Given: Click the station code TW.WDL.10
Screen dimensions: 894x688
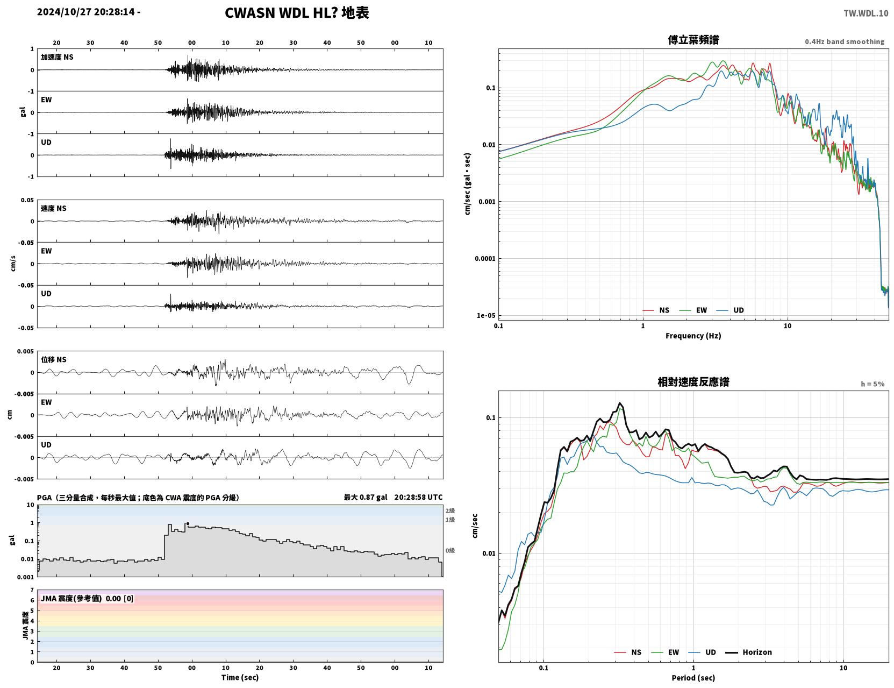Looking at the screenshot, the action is coord(866,13).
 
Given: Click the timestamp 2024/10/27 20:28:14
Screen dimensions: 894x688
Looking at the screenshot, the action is coord(86,12).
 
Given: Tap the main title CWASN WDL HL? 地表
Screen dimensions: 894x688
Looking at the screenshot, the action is coord(297,13).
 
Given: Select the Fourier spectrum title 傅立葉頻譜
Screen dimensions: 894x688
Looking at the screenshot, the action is coord(693,40).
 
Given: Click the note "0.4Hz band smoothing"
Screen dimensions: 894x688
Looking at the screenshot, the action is coord(844,41).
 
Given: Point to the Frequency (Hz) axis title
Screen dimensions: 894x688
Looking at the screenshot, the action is coord(693,336).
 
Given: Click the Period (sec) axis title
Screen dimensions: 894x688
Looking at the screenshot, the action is coord(693,678).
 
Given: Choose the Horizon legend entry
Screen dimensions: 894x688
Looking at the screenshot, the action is coord(749,652).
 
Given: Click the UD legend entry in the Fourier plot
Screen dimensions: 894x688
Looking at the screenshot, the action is coord(730,310).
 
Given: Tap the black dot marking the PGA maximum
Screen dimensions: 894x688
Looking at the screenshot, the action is coord(188,524).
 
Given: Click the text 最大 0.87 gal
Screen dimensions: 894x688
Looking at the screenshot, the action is coord(366,497).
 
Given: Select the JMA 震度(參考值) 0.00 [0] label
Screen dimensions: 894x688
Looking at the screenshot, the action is coord(87,598).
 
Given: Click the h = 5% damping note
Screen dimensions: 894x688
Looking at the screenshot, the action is coord(872,384).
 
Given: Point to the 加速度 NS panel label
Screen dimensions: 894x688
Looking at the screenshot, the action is coord(57,57).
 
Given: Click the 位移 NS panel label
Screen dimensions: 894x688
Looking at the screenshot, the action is coord(53,360).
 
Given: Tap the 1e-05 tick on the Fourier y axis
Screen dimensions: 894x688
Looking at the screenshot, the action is coord(486,316).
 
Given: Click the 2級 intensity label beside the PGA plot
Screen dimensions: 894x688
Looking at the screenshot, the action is coord(450,510).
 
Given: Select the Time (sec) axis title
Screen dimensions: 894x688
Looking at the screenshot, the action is coord(240,677).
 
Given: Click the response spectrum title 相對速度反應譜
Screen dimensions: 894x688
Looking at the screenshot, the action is coord(693,382).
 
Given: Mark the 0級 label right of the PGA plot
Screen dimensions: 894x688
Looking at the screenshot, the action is coord(450,551).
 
